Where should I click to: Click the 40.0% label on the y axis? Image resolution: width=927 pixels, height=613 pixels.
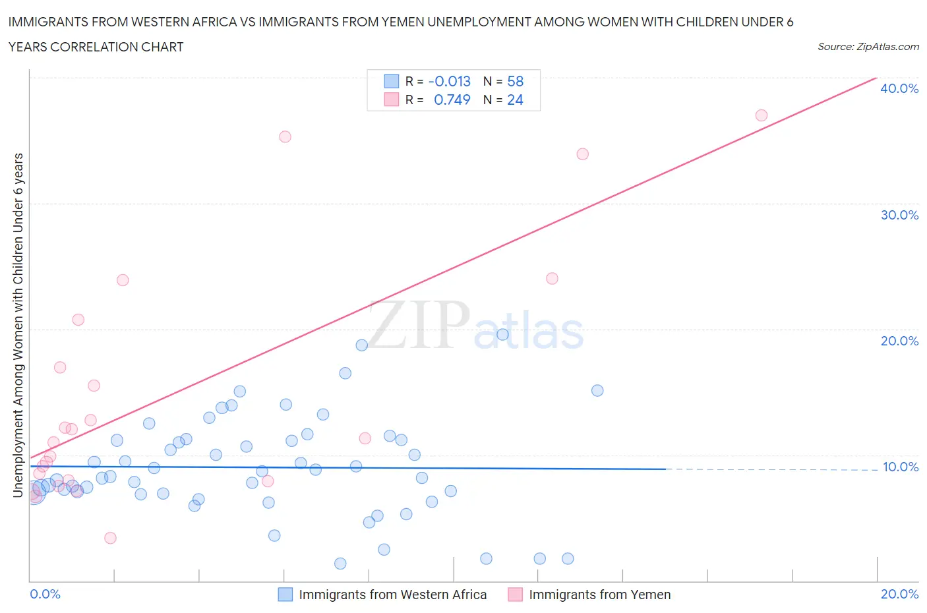(x=899, y=88)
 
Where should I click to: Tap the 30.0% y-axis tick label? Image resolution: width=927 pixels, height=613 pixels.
(x=899, y=215)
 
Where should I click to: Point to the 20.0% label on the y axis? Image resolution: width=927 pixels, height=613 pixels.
(x=899, y=341)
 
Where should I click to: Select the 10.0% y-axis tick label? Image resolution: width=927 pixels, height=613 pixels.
(x=901, y=467)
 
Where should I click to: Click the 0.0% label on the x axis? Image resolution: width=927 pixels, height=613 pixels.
(x=45, y=594)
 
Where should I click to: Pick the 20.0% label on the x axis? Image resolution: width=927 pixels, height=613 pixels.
(x=899, y=594)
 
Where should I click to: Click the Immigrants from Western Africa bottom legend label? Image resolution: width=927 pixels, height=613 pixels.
(x=392, y=595)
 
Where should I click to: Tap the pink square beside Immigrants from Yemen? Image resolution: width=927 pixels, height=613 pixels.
(x=515, y=595)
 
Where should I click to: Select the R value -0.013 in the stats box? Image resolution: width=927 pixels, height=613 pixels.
(x=449, y=81)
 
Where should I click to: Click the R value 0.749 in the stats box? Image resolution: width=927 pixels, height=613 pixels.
(x=452, y=100)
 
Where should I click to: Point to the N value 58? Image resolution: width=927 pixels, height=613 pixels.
(x=515, y=81)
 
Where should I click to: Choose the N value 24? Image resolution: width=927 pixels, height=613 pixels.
(x=515, y=100)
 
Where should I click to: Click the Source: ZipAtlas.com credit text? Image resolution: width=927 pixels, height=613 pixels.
(x=868, y=47)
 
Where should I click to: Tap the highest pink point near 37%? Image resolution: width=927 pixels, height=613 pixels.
(x=762, y=115)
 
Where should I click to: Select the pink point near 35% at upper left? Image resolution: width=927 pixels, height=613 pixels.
(x=285, y=136)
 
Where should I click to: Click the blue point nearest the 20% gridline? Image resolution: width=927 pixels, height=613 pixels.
(x=502, y=334)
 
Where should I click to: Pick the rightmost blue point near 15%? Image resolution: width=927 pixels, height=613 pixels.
(x=597, y=390)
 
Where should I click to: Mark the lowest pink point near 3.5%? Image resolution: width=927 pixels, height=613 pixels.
(x=111, y=538)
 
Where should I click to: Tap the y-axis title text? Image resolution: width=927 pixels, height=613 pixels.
(x=18, y=324)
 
